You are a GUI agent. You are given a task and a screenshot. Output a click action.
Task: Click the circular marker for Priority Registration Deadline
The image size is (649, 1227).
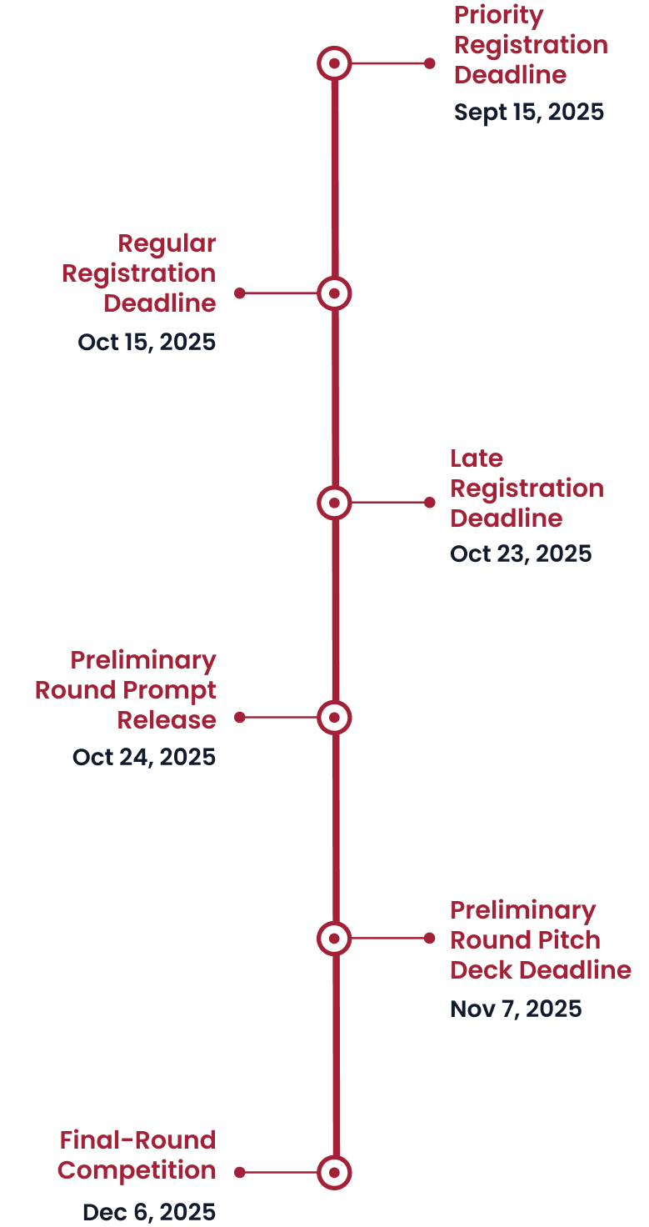tap(334, 63)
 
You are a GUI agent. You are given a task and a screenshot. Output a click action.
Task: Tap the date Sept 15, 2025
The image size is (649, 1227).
tap(529, 113)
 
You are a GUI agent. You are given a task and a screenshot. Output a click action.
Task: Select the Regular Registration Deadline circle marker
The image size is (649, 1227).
tap(334, 293)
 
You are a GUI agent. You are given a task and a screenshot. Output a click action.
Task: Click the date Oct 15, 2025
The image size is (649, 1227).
tap(147, 342)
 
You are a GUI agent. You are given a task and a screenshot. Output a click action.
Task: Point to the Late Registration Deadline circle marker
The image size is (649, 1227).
tap(334, 503)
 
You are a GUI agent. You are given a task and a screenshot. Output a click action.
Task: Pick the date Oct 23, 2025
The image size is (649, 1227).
tap(521, 553)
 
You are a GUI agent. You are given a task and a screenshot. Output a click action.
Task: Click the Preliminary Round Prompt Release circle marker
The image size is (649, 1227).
tap(334, 717)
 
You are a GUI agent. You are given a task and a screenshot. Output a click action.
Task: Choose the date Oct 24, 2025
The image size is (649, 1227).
tap(144, 757)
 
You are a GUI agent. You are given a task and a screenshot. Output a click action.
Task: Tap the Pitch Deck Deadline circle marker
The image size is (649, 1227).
tap(334, 939)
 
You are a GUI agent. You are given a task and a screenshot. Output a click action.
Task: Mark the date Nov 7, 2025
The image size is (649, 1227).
tap(516, 1009)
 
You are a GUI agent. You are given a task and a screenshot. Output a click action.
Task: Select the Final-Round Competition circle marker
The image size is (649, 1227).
tap(334, 1172)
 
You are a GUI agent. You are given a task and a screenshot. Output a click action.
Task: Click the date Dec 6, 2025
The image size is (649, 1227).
tap(149, 1212)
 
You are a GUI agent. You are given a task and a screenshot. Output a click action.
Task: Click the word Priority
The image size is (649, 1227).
tap(498, 15)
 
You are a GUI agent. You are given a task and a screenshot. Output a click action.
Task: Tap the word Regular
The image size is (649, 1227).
tap(167, 243)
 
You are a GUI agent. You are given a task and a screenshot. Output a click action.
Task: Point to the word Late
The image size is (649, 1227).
tap(477, 458)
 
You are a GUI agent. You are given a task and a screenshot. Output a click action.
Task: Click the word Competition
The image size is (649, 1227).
tap(137, 1170)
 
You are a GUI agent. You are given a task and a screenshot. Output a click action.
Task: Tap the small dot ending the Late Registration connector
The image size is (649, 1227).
tap(430, 503)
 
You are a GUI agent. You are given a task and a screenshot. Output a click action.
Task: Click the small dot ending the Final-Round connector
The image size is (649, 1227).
tap(240, 1172)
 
